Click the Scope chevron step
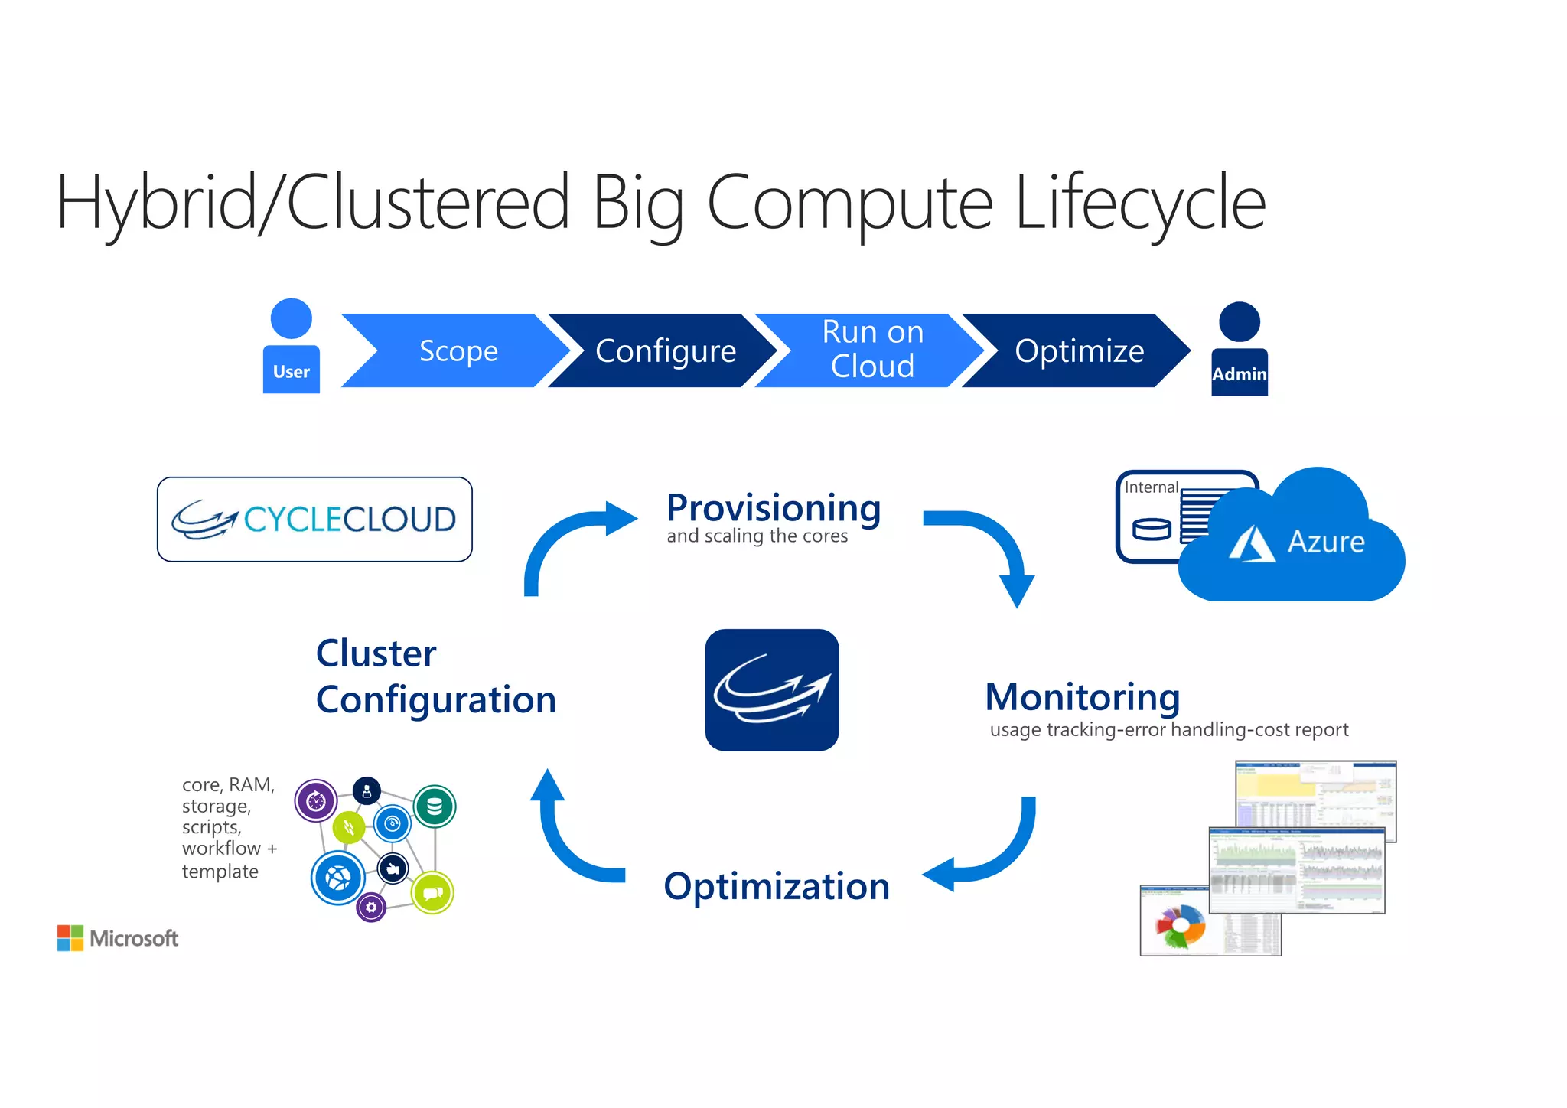click(x=458, y=350)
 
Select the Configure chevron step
click(x=664, y=350)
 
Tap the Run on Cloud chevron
click(x=872, y=350)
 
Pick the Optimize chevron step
click(x=1079, y=350)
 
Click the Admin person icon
click(x=1239, y=350)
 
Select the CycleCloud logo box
click(x=314, y=520)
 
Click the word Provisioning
click(x=774, y=507)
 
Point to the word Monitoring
click(x=1082, y=696)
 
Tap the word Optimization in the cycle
click(x=776, y=886)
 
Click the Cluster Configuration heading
click(x=435, y=676)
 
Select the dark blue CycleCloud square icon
click(x=771, y=689)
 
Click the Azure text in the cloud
click(x=1325, y=542)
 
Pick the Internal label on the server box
click(x=1150, y=487)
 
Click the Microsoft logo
click(x=117, y=938)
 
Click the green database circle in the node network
click(x=435, y=806)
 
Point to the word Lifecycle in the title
click(x=1140, y=202)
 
